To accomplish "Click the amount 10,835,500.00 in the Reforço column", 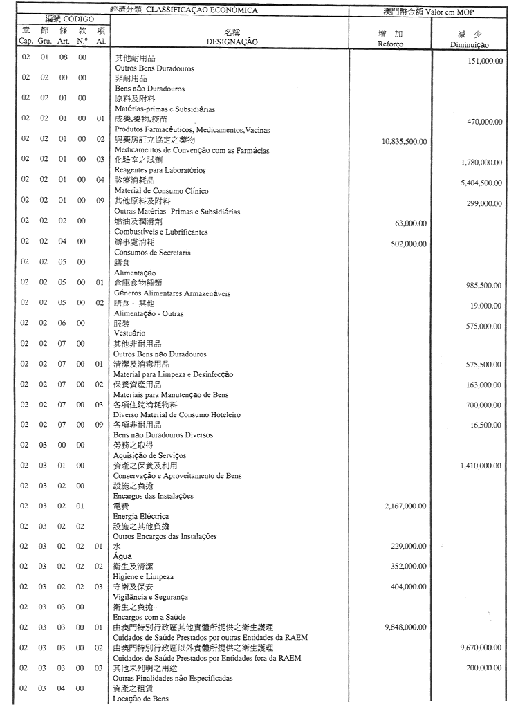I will (404, 141).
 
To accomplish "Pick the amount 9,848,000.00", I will (407, 627).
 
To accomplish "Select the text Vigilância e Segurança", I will (151, 596).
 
